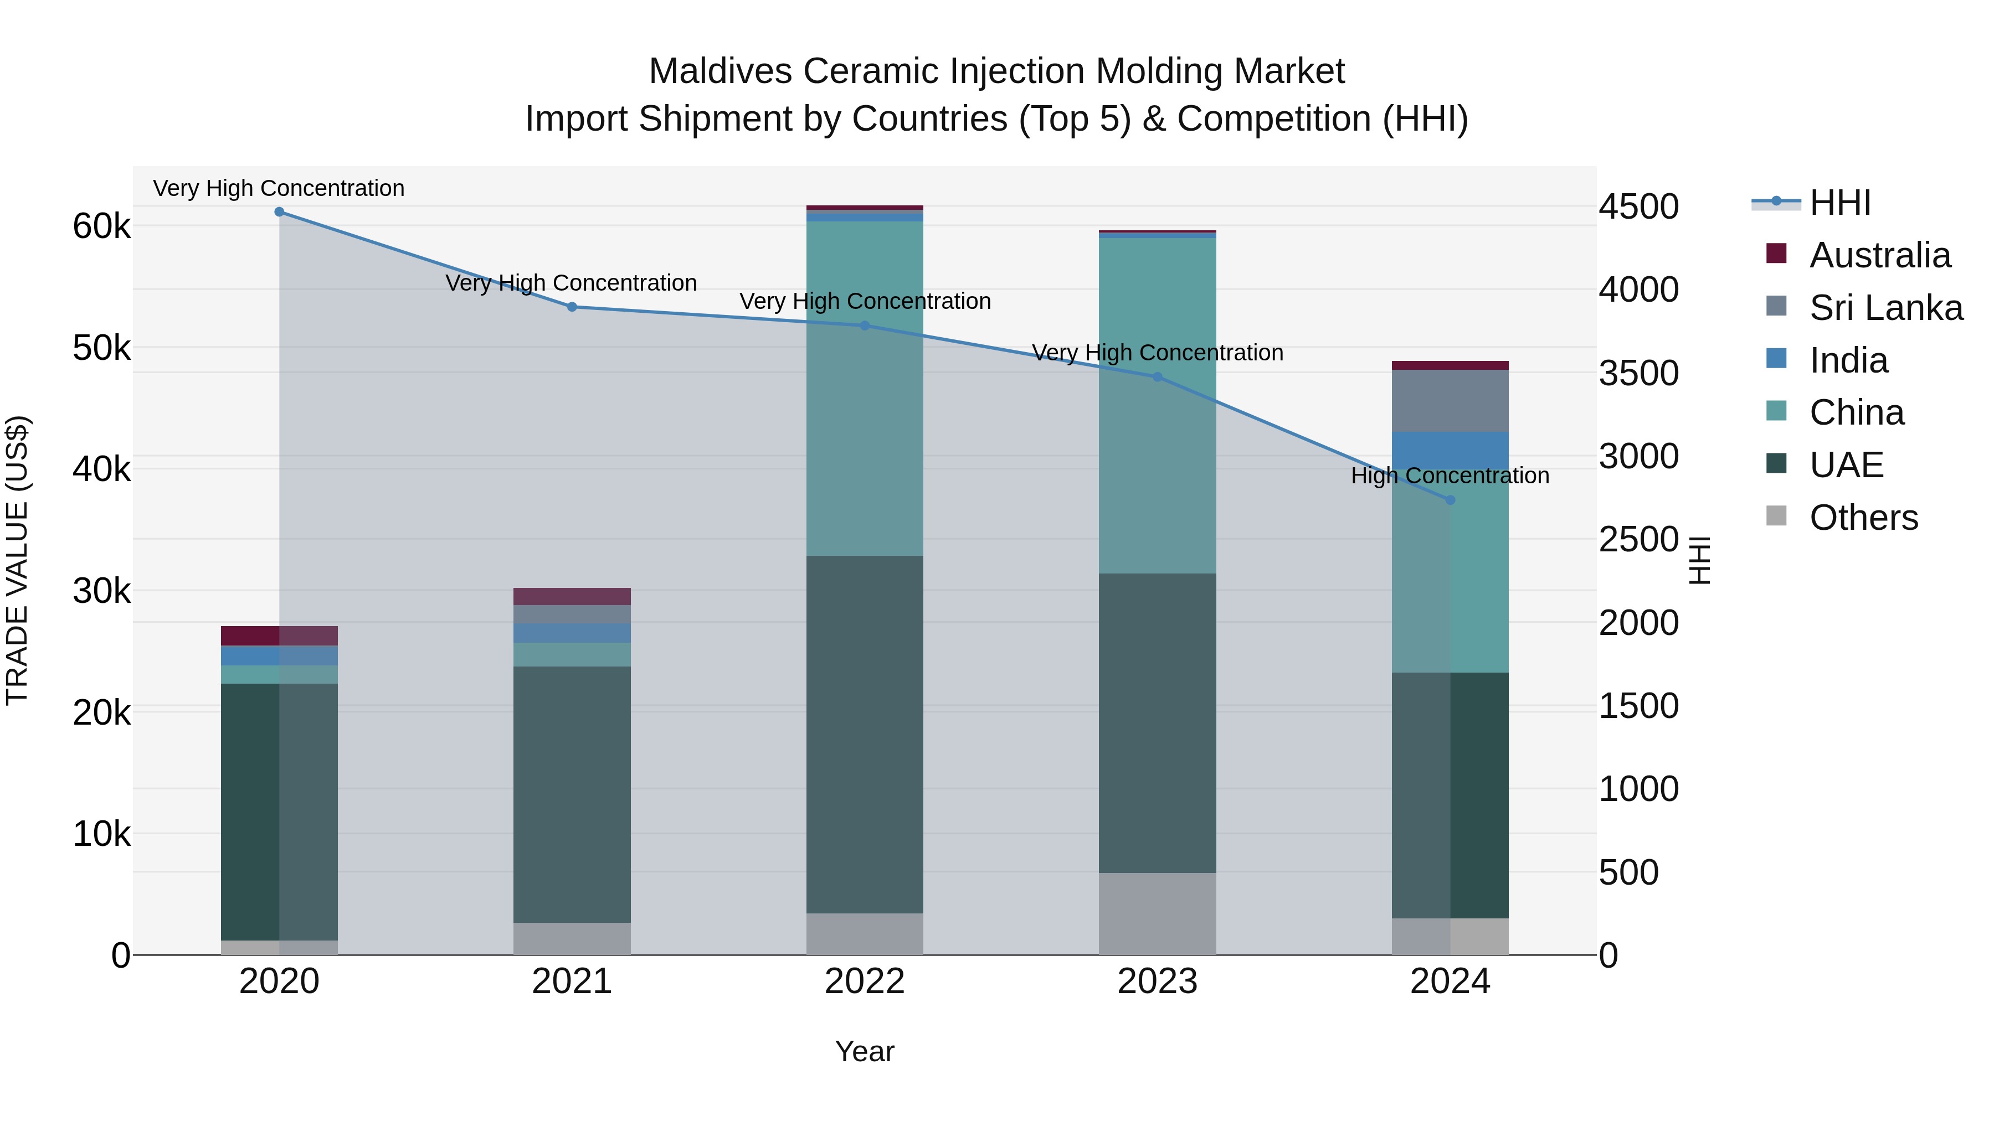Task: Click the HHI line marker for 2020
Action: (x=280, y=212)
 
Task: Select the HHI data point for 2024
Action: (x=1450, y=500)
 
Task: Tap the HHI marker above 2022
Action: (x=865, y=326)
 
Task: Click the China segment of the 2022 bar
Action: (x=865, y=387)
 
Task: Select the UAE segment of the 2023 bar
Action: (x=1157, y=724)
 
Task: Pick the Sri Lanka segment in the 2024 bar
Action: (x=1450, y=401)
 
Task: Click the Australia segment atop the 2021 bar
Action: (x=572, y=596)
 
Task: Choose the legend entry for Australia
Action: (x=1879, y=255)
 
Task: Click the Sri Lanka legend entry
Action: (x=1885, y=308)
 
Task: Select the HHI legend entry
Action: (x=1839, y=203)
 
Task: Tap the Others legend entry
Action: (x=1863, y=518)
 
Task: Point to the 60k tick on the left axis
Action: (x=101, y=226)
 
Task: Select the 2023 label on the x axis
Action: (x=1157, y=981)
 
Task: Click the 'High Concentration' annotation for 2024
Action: (x=1450, y=476)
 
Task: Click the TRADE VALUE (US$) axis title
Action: (x=17, y=561)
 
